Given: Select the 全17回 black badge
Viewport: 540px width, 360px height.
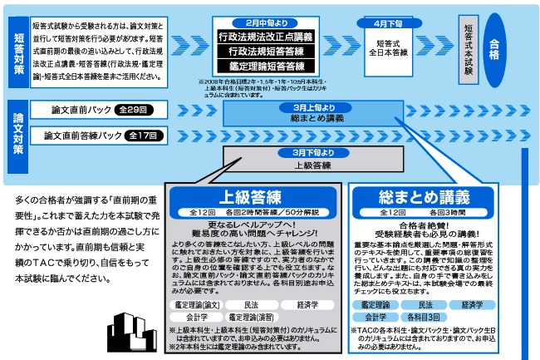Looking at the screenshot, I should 145,135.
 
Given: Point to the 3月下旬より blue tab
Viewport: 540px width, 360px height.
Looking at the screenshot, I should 313,153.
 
